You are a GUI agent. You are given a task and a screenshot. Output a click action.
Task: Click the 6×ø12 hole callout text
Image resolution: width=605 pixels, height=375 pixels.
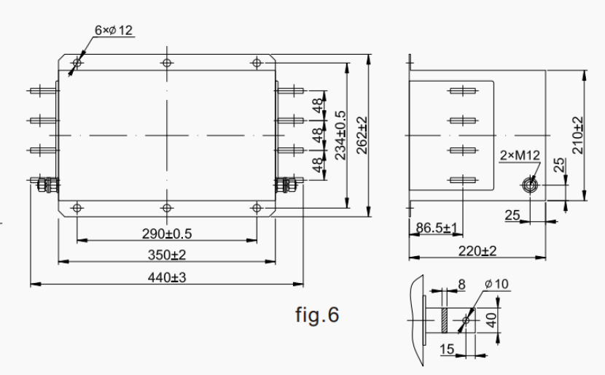(114, 30)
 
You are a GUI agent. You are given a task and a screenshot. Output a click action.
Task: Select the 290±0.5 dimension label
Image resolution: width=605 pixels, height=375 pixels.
(167, 233)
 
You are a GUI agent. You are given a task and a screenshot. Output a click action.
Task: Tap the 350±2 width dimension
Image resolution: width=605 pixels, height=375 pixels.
(167, 255)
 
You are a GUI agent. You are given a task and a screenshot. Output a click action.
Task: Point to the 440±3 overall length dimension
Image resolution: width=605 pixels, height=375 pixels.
(167, 277)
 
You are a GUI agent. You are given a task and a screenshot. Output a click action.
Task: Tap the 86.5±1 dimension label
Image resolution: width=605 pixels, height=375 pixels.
(436, 228)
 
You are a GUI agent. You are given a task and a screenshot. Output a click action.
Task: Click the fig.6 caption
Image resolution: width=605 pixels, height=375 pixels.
(317, 315)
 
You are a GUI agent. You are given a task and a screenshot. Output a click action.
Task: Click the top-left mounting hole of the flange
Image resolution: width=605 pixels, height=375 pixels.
(77, 63)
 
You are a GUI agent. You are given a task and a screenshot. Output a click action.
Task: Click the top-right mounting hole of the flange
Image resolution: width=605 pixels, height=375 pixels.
(256, 63)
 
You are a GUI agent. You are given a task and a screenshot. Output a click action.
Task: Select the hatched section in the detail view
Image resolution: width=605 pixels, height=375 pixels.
(442, 320)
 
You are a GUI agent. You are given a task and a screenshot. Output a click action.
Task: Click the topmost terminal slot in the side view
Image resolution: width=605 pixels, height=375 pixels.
(464, 91)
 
